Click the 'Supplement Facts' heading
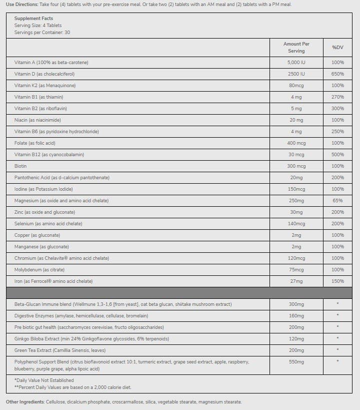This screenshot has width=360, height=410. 33,19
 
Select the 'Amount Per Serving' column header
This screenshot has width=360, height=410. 296,48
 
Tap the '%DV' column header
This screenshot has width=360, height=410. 337,48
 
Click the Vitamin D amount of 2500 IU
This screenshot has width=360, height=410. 296,74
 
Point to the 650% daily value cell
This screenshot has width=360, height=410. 337,74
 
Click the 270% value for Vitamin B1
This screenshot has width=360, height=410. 337,97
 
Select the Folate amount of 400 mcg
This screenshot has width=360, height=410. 296,143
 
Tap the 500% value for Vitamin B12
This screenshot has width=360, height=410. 337,155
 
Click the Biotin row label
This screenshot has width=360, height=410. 20,166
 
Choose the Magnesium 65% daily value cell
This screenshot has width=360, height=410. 337,201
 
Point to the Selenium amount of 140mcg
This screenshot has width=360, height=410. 296,224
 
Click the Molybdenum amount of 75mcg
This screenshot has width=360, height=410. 296,270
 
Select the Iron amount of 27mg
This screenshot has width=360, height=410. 296,281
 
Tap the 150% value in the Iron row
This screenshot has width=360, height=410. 337,281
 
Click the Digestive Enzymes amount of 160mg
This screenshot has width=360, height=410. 296,316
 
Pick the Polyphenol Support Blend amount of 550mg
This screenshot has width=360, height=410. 296,361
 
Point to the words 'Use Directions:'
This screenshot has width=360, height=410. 21,5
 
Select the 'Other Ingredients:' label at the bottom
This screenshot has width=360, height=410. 25,402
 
